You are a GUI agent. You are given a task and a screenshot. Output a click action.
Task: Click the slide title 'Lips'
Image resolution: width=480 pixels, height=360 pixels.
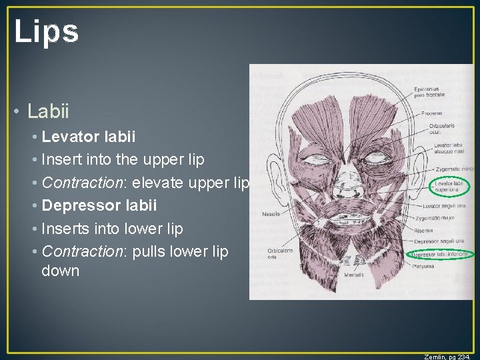point(46,31)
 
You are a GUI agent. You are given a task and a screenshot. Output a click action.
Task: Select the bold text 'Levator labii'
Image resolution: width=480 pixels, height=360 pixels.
point(88,137)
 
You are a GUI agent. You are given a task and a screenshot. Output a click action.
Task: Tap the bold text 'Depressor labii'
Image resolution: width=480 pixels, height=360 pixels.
point(99,205)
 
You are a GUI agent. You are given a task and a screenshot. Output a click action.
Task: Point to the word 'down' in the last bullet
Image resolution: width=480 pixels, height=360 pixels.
point(60,271)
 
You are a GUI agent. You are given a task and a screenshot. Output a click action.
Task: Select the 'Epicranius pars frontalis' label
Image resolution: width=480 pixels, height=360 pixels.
point(447,93)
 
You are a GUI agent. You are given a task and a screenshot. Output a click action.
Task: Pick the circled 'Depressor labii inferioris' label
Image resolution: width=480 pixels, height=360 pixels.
point(441,254)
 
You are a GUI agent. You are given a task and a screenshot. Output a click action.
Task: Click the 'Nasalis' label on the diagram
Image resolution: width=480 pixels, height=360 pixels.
point(271,214)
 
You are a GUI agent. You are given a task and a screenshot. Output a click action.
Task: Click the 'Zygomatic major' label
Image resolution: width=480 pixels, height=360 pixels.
point(447,219)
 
